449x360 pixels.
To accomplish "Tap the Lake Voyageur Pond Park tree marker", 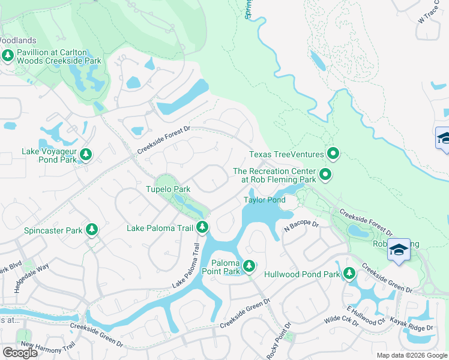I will point(86,155).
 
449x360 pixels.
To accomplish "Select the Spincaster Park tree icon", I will point(91,229).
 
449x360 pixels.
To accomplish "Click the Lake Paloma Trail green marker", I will point(203,227).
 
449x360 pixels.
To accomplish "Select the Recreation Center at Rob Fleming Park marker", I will point(325,175).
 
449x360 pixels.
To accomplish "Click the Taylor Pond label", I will point(264,200).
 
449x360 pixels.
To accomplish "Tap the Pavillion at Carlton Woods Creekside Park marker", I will point(8,56).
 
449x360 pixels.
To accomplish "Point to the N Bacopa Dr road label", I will point(301,224).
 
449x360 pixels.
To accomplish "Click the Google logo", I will point(20,353).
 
